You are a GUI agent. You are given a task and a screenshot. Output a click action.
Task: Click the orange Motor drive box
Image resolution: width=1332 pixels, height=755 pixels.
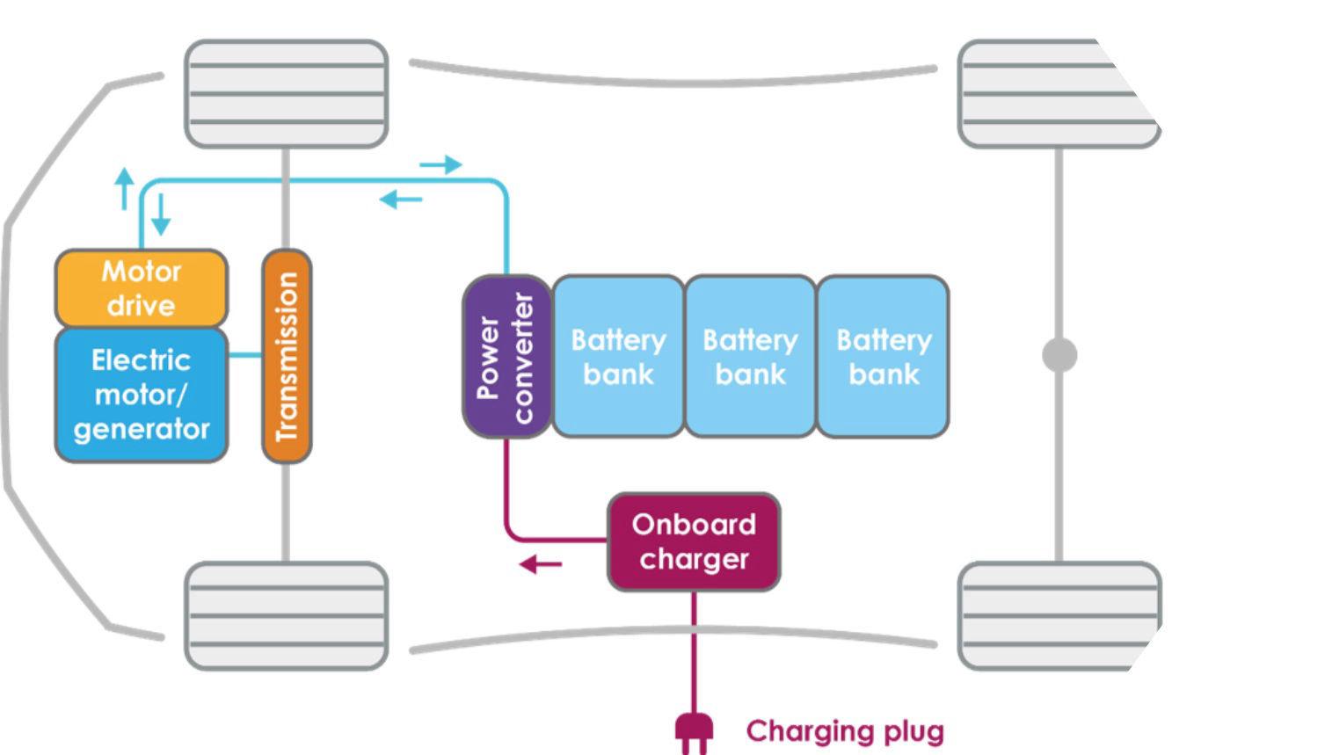(142, 288)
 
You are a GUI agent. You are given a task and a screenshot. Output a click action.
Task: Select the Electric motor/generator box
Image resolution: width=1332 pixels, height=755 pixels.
(142, 395)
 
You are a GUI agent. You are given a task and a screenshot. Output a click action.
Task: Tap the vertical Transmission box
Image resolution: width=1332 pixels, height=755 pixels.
(287, 356)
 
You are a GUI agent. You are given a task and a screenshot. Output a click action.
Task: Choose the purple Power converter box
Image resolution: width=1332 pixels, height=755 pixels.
(506, 357)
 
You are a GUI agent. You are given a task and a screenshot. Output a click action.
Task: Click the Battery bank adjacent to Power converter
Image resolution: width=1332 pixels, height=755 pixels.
(618, 357)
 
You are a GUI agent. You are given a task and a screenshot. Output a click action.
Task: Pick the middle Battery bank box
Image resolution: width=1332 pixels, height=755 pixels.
(750, 357)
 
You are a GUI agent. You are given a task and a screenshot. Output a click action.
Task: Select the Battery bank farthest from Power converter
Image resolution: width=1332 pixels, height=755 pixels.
(883, 357)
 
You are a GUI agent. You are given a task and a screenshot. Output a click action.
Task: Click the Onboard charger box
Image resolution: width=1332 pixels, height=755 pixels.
(694, 541)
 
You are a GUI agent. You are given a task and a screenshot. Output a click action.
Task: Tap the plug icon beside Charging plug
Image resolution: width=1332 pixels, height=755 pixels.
(694, 732)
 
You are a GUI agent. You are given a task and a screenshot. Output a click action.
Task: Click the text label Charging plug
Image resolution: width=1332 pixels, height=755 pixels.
(845, 731)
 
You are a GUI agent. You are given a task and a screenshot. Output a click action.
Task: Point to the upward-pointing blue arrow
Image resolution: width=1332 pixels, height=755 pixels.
(125, 188)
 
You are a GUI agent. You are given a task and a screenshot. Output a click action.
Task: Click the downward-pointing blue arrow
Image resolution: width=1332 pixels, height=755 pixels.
(160, 214)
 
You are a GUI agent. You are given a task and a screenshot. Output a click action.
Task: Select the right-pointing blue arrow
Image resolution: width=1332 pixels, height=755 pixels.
(440, 164)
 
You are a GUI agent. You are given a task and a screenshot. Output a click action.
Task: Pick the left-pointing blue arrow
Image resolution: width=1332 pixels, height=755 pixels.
(401, 200)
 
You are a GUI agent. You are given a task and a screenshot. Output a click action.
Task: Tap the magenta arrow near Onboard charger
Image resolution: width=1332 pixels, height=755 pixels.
(540, 564)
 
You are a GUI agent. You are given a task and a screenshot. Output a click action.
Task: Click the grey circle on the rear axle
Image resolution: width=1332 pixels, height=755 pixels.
(1059, 355)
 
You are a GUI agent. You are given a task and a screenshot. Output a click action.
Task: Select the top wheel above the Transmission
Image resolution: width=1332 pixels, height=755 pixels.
(287, 93)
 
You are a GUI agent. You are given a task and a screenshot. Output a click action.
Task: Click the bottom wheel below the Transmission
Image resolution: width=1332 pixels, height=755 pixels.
(287, 615)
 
